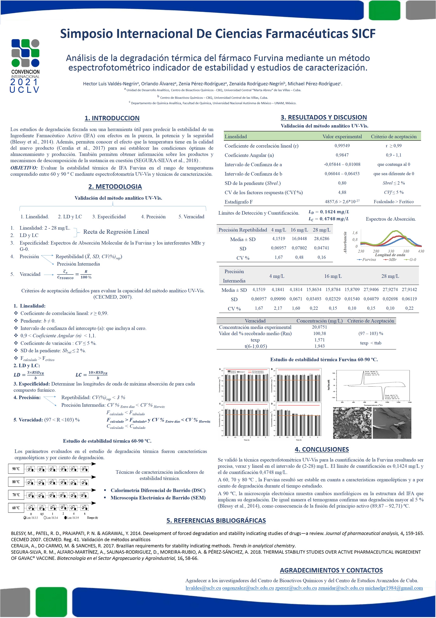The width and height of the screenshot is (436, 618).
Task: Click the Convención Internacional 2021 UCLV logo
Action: pyautogui.click(x=25, y=66)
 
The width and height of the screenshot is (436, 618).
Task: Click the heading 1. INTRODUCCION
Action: pyautogui.click(x=112, y=118)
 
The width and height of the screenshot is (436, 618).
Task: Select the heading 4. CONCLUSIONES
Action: pyautogui.click(x=321, y=449)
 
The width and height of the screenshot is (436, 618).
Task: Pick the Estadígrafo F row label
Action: pyautogui.click(x=238, y=202)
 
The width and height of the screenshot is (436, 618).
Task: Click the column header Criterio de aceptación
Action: pyautogui.click(x=393, y=136)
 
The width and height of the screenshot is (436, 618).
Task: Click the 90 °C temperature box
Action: pyautogui.click(x=16, y=469)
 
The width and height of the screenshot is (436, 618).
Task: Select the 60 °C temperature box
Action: pyautogui.click(x=16, y=508)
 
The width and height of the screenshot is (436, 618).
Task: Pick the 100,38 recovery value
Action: pyautogui.click(x=319, y=333)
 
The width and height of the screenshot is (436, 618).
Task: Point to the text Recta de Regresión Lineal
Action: pyautogui.click(x=116, y=232)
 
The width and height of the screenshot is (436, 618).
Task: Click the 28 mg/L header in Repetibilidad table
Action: pyautogui.click(x=321, y=230)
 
